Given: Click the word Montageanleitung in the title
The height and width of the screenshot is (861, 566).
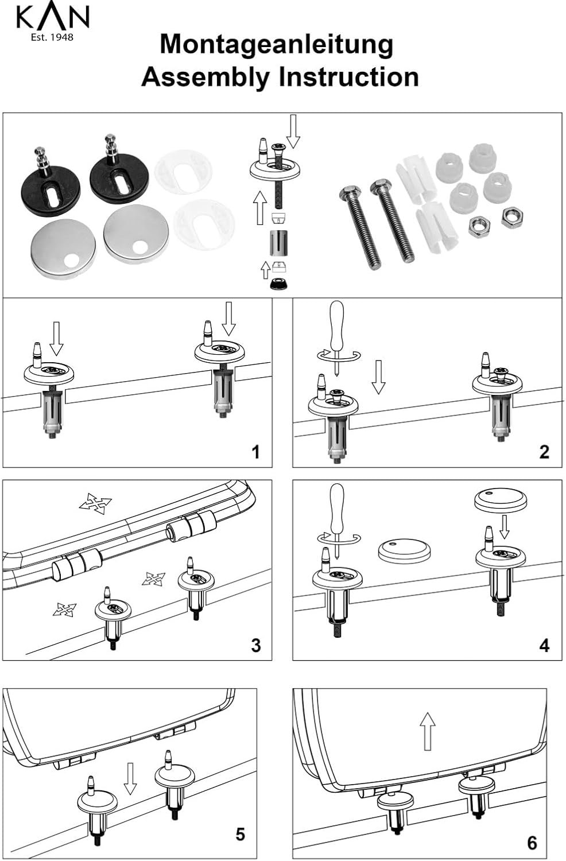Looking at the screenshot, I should point(276,45).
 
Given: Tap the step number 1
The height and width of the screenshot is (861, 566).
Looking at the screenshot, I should point(255,452).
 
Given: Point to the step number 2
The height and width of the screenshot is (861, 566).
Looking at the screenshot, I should point(544,452).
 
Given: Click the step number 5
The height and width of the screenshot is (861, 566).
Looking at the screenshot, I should point(241,833).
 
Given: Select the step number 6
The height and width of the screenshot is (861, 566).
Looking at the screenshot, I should point(532,842).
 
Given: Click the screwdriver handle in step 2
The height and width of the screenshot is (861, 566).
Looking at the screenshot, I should point(336,323).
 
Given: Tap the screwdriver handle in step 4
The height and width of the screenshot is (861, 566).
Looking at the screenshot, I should point(336,505).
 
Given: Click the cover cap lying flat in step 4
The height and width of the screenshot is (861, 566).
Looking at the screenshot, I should point(404,550).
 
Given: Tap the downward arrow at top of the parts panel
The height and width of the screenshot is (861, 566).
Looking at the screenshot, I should point(293,131).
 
